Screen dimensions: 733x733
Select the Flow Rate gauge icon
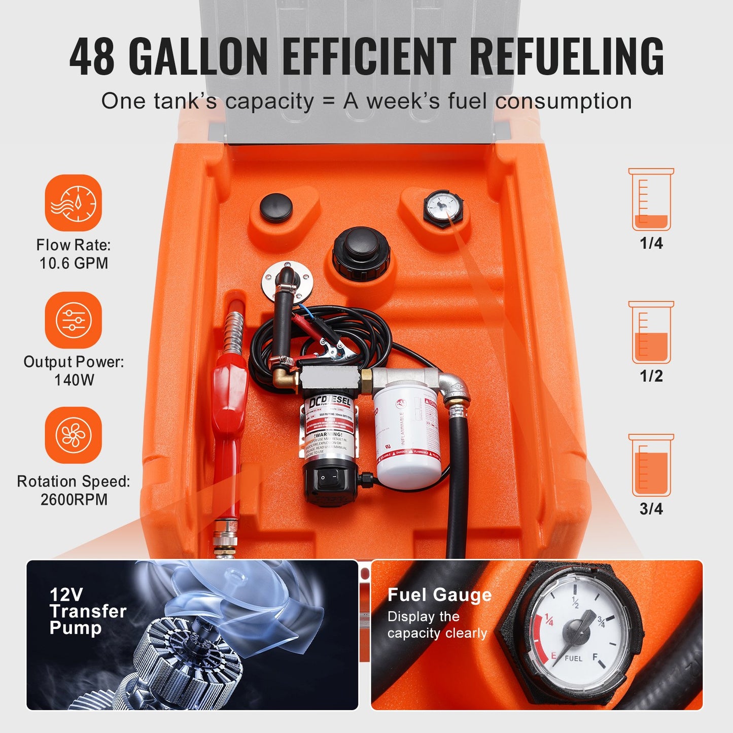(74, 203)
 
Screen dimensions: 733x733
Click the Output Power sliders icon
(74, 320)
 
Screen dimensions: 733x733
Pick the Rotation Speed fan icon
(74, 435)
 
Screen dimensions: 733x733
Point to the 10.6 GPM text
(74, 263)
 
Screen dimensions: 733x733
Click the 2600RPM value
(74, 500)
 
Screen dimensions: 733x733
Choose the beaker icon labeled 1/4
(651, 200)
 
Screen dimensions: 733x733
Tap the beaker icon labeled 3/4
(651, 465)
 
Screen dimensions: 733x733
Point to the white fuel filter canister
(407, 436)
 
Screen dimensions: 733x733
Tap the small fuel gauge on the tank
(442, 208)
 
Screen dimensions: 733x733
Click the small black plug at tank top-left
(276, 207)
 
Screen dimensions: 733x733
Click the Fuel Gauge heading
(439, 595)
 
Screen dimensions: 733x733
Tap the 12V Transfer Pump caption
(87, 611)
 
